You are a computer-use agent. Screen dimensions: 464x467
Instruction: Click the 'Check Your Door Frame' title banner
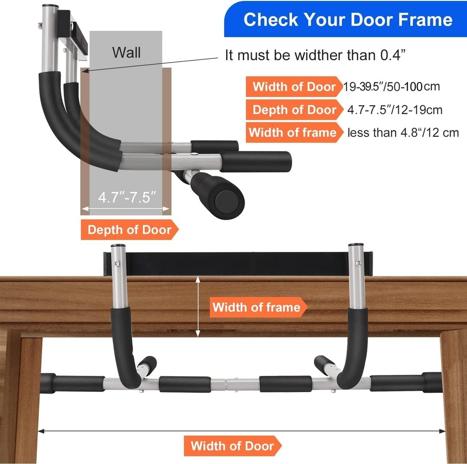click(347, 20)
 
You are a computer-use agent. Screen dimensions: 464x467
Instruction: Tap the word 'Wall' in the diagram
click(126, 52)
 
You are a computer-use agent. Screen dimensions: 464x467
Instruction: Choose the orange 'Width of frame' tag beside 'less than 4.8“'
click(292, 133)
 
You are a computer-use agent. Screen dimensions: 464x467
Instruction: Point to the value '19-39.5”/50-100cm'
click(391, 86)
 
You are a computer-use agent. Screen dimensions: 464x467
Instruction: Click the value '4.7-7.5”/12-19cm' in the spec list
click(395, 110)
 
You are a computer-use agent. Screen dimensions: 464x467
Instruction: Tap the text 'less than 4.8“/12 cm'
click(403, 133)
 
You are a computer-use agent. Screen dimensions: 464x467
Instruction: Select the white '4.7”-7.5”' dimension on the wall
click(127, 197)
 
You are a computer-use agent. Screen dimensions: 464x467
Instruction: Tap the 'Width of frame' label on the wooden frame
click(256, 307)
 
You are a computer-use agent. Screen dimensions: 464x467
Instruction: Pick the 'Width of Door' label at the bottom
click(232, 445)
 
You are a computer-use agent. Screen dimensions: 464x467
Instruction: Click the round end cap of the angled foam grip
click(228, 200)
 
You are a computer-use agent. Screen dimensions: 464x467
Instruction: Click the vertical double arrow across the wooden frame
click(198, 306)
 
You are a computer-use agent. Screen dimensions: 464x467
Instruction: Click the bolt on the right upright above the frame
click(357, 264)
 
